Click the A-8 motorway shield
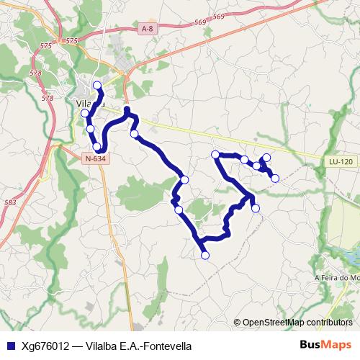148,29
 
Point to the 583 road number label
10,203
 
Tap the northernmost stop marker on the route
97,85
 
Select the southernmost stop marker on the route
204,255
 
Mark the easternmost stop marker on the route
275,178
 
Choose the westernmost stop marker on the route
85,113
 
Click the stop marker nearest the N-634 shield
97,146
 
